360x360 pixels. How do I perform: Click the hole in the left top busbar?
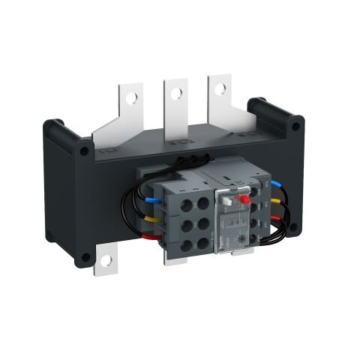pyautogui.click(x=132, y=97)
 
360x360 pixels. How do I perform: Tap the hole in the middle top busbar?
pyautogui.click(x=176, y=93)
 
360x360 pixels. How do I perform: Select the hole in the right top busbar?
pyautogui.click(x=220, y=88)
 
